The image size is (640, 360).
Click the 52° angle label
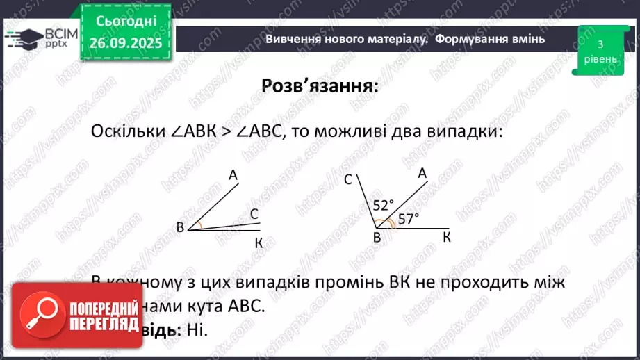pos(384,205)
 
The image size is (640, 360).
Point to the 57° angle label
pos(409,219)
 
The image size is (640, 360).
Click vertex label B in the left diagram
pos(180,227)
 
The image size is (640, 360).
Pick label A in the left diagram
pos(233,177)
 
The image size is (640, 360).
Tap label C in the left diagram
pos(254,213)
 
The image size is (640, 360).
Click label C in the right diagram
pos(348,181)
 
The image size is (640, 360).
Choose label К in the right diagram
pos(447,238)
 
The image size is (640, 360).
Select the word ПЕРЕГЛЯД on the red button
pos(101,325)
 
